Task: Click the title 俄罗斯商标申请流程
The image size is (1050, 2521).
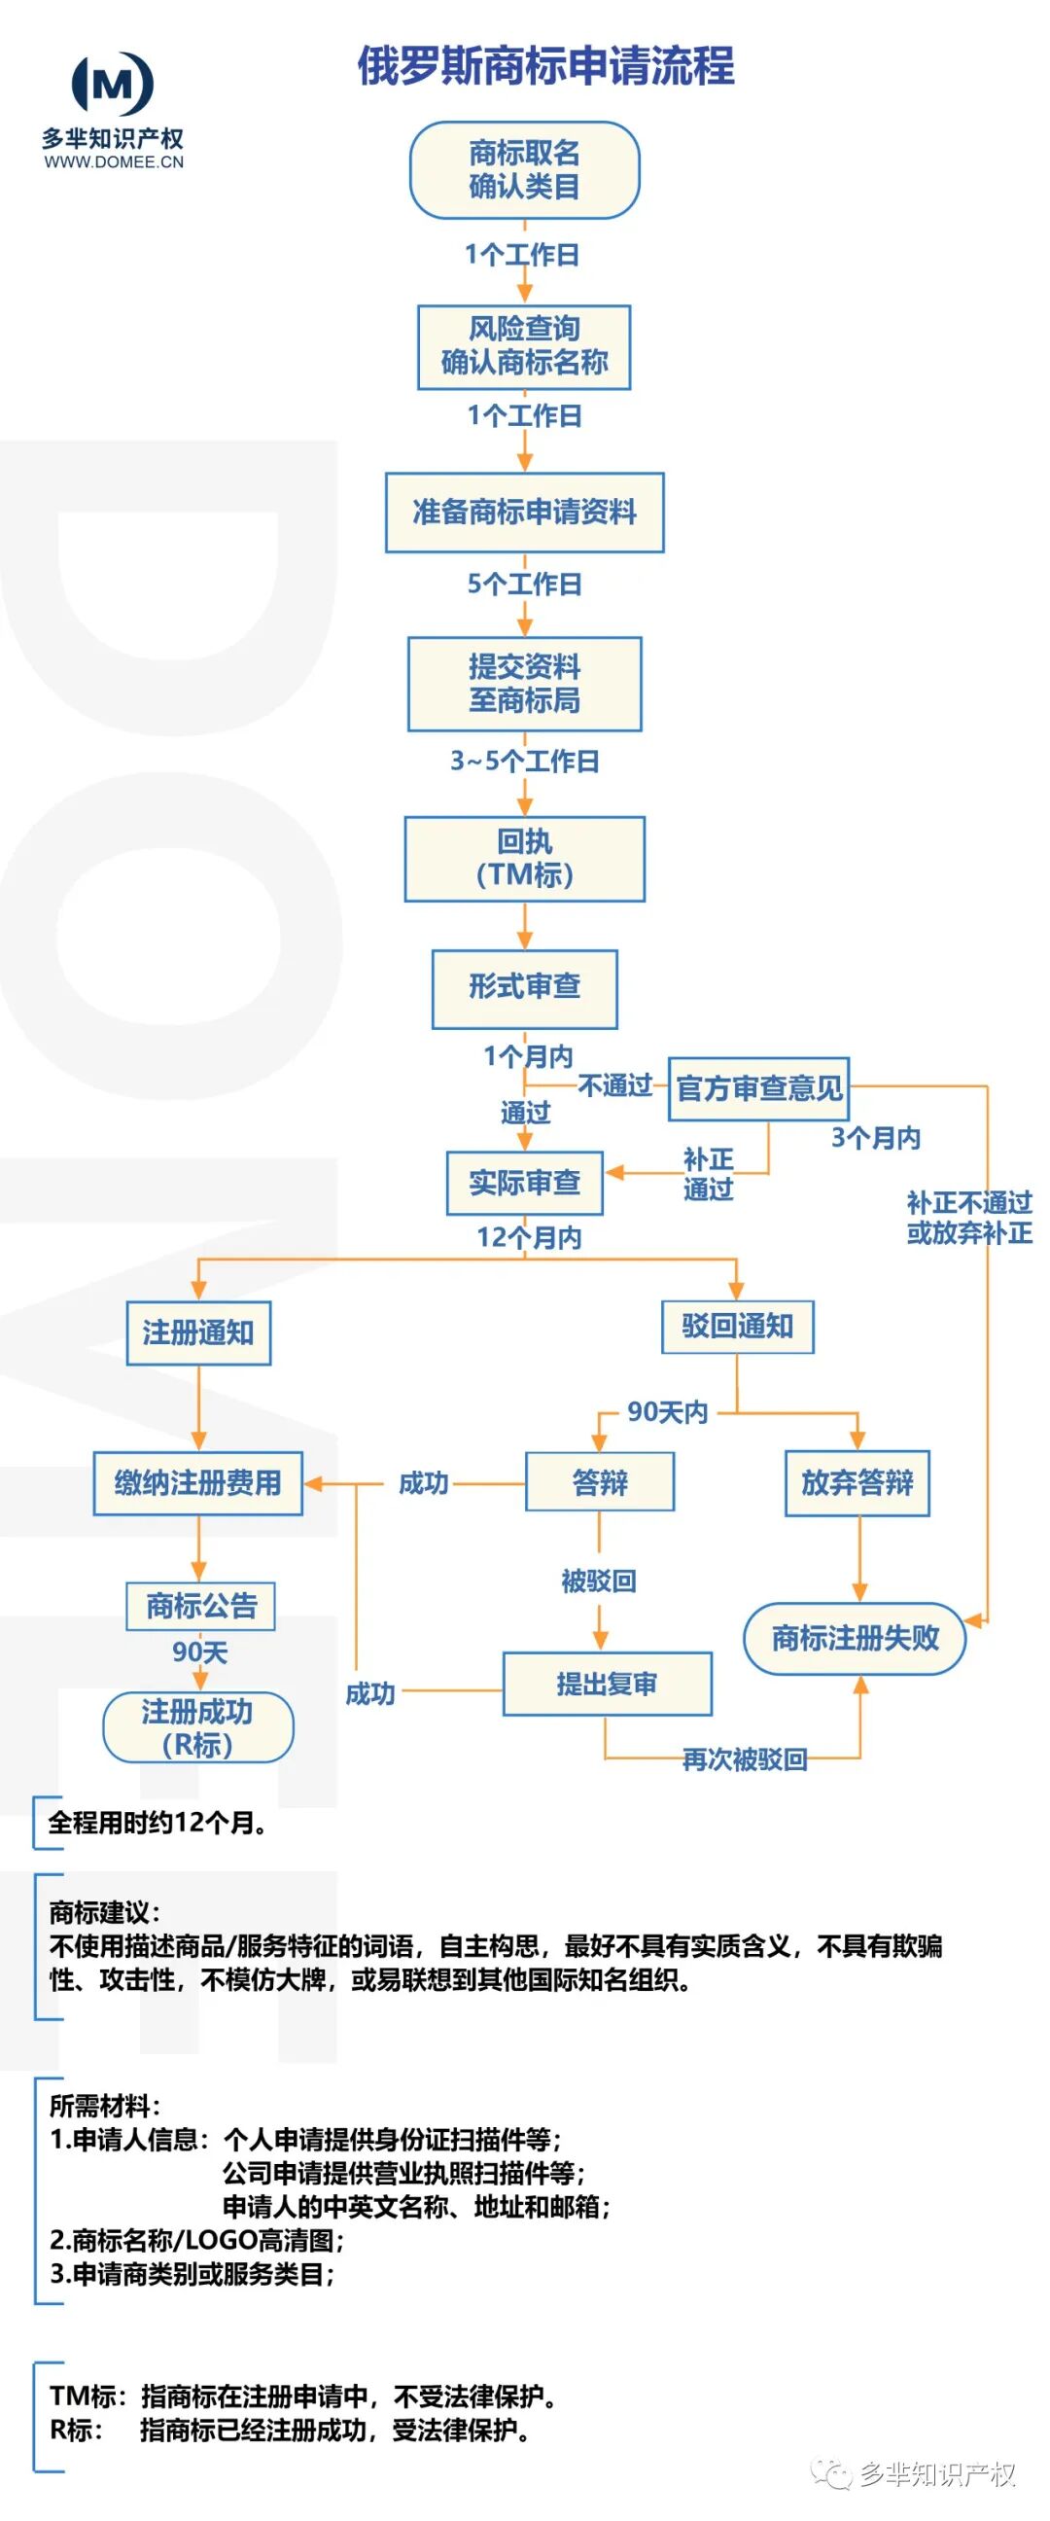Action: (545, 66)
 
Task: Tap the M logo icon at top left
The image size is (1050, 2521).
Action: (113, 85)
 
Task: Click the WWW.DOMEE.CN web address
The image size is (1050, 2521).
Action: (114, 162)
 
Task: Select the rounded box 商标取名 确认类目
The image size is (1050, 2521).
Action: (523, 170)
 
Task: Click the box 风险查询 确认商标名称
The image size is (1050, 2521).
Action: (523, 346)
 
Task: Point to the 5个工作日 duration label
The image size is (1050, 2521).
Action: (523, 585)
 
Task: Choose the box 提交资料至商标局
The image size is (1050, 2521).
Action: (523, 684)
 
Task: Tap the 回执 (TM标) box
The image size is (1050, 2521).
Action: (523, 858)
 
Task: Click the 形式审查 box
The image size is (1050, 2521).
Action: (523, 987)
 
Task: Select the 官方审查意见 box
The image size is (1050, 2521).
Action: (758, 1088)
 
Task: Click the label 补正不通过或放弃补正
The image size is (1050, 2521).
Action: (967, 1218)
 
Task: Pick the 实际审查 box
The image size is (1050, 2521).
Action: (523, 1184)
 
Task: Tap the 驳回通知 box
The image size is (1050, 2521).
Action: (737, 1326)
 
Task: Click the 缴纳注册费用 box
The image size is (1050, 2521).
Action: (197, 1483)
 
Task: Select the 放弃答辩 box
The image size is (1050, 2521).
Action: (857, 1483)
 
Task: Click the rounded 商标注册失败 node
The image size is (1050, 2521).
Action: (855, 1638)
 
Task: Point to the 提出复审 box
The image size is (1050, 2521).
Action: (607, 1685)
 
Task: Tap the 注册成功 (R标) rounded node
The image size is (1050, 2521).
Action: (197, 1727)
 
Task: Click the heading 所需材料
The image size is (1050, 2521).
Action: (104, 2106)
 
